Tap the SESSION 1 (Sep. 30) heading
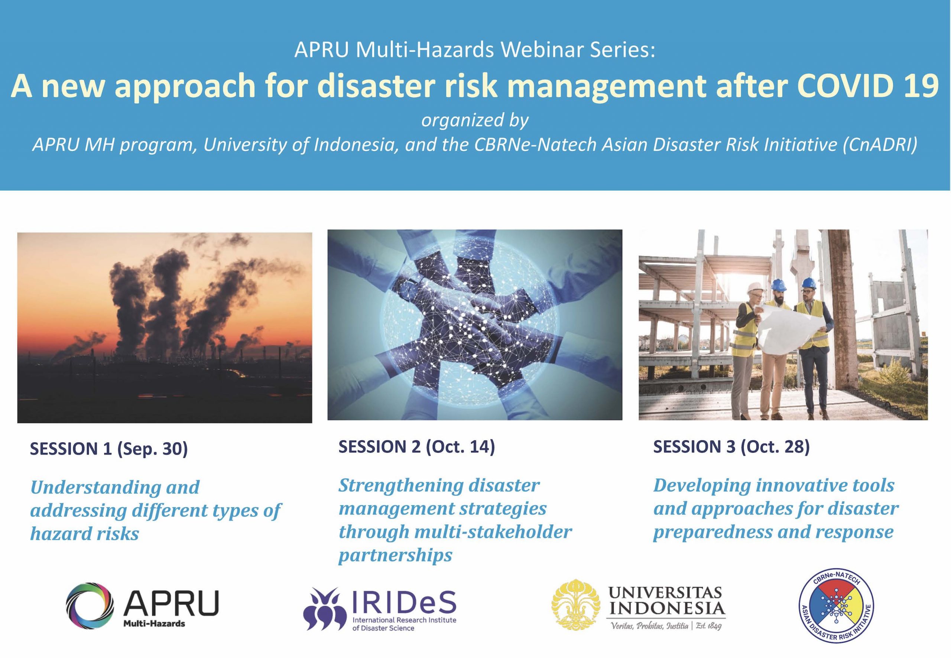108,449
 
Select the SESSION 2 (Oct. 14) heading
416,447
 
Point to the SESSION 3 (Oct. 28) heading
731,447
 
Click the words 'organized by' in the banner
475,120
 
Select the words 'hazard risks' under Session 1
85,534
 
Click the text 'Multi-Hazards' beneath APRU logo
154,623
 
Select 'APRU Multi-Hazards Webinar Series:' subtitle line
475,50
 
